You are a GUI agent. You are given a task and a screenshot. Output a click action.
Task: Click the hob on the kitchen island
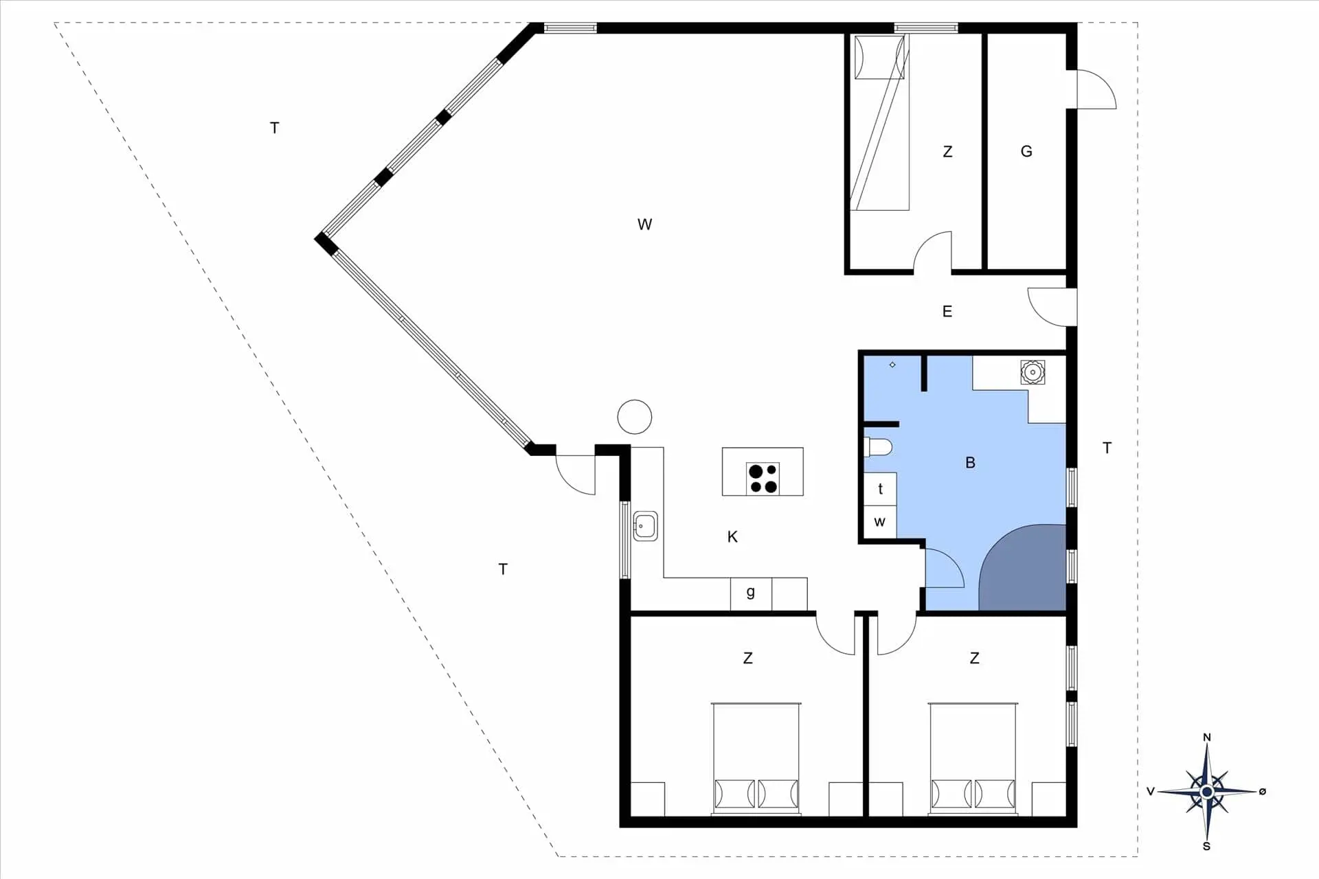[763, 479]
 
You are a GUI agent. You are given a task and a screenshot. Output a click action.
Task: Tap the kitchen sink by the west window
[645, 526]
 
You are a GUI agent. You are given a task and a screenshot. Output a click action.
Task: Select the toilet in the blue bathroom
[878, 448]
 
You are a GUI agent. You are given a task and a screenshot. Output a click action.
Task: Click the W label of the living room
[644, 225]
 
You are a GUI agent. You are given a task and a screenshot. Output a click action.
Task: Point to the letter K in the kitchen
[732, 537]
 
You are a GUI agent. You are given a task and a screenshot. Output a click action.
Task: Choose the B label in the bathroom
[970, 463]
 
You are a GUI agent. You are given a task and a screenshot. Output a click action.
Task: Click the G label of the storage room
[1026, 151]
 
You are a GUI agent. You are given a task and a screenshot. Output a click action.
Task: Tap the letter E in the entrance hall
[947, 312]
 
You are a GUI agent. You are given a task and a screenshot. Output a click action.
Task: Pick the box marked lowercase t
[880, 489]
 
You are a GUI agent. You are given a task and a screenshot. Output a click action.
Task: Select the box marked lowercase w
[880, 522]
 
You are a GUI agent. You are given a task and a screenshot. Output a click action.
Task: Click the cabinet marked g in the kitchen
[751, 593]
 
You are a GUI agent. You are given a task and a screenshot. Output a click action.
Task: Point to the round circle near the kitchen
[635, 417]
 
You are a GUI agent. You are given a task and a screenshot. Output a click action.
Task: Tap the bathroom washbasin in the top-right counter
[1033, 372]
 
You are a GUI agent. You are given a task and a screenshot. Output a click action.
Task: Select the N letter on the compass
[1207, 738]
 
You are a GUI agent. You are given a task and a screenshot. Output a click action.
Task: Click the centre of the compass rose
[1207, 792]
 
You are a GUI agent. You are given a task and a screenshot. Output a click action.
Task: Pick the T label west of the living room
[275, 128]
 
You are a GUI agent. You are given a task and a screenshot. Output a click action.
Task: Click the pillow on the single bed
[879, 58]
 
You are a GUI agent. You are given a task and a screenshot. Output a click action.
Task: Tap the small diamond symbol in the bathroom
[892, 365]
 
